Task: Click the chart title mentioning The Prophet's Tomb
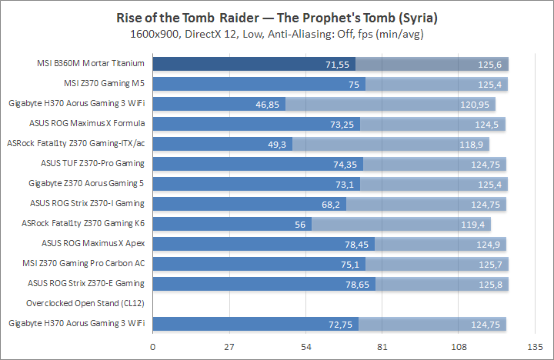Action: pos(277,18)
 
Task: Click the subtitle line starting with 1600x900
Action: pos(277,34)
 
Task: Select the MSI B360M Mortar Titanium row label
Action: pos(94,63)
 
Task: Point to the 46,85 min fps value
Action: pos(269,104)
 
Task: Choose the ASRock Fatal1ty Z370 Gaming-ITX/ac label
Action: pos(76,143)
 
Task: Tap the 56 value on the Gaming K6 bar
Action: pos(302,224)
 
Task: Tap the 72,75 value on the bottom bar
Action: pos(342,324)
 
